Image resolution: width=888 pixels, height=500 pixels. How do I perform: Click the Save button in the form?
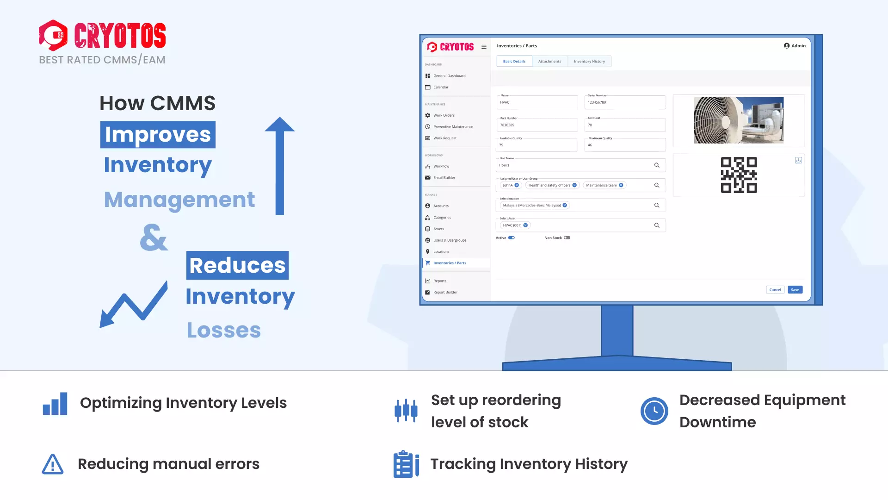tap(795, 290)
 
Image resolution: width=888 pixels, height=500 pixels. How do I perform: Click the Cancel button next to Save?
tap(775, 290)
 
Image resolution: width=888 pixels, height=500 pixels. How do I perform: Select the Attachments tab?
tap(549, 61)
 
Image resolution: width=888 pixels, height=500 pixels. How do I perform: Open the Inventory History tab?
tap(589, 61)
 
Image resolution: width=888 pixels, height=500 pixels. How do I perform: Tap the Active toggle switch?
tap(511, 237)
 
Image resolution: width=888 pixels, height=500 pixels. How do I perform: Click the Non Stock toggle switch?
tap(567, 237)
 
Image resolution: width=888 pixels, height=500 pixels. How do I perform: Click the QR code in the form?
tap(739, 175)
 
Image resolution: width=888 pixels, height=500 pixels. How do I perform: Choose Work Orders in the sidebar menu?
tap(444, 115)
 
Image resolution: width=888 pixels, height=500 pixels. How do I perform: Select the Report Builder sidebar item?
tap(445, 292)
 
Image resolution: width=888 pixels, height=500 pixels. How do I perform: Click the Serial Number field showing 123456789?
tap(624, 102)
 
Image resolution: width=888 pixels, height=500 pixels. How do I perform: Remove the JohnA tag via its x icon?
tap(517, 185)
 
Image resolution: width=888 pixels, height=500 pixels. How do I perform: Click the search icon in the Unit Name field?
tap(656, 165)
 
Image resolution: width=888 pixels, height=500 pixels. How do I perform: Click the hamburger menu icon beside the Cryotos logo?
tap(484, 47)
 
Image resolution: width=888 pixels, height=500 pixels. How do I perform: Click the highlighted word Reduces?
tap(237, 265)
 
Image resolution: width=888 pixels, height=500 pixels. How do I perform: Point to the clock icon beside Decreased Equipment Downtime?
tap(654, 411)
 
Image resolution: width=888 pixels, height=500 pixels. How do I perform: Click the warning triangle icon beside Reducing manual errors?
tap(53, 464)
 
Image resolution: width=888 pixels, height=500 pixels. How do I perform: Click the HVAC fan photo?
tap(738, 120)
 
